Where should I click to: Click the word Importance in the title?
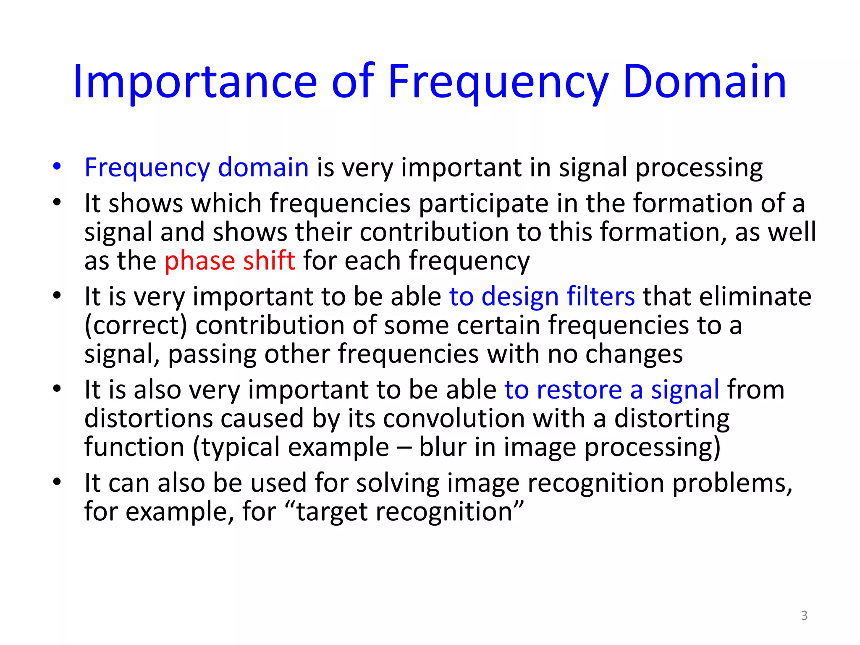tap(195, 82)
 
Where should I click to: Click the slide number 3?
tap(804, 616)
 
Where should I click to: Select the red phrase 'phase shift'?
tap(230, 261)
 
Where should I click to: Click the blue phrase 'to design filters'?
tap(542, 296)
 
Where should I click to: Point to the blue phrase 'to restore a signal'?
tap(612, 390)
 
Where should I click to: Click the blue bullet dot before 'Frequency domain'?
tap(57, 166)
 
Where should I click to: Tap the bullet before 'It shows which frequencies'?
tap(57, 202)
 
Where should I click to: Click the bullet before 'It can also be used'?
tap(57, 482)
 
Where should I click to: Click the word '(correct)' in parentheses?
tap(136, 326)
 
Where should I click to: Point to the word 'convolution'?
tap(454, 419)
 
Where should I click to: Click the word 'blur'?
tap(443, 447)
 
